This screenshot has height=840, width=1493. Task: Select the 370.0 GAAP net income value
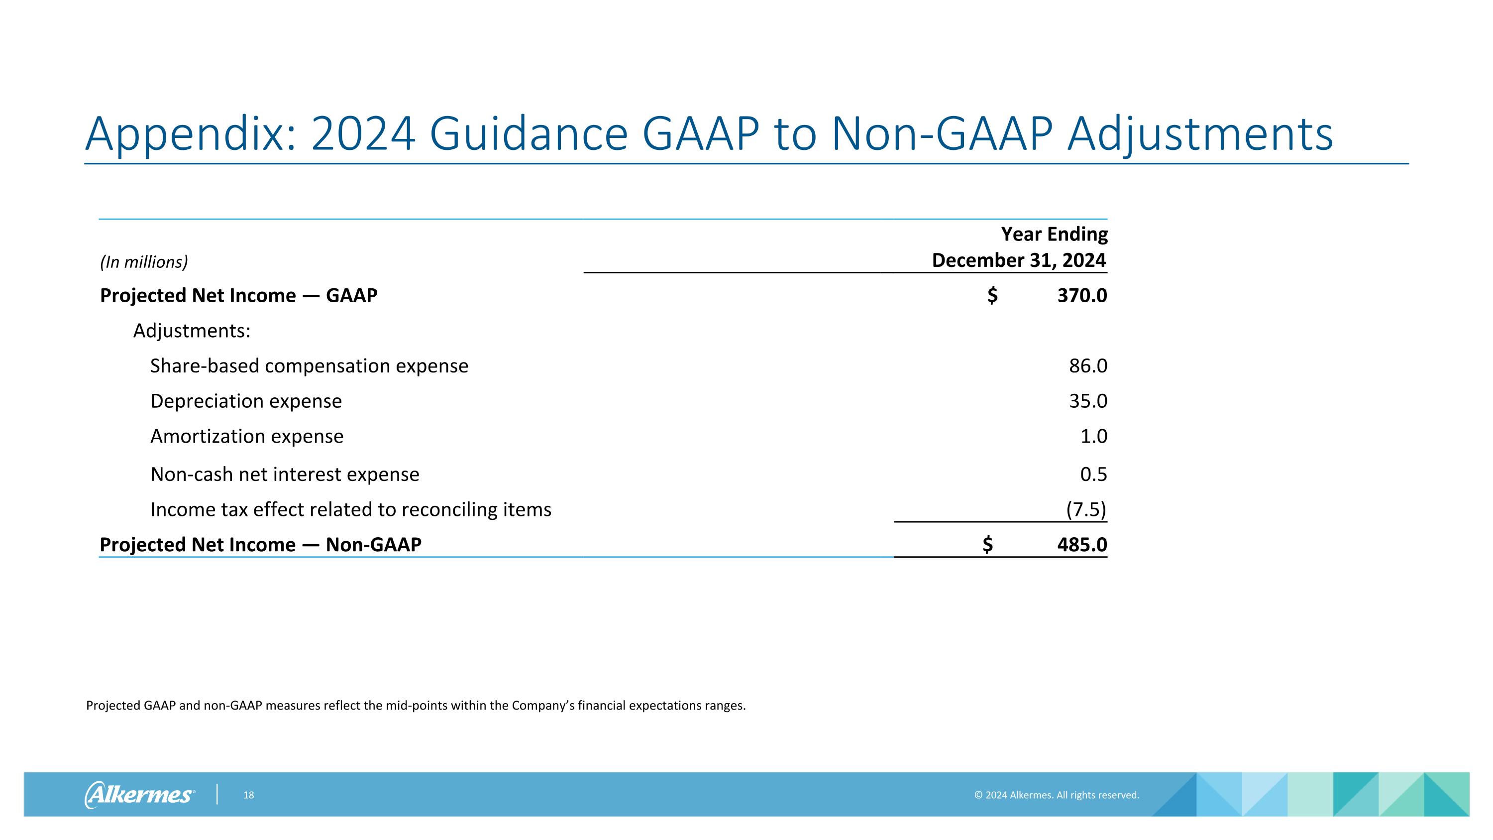tap(1081, 296)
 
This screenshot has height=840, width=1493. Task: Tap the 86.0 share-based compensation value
tap(1088, 366)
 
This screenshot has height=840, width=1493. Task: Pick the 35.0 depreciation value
tap(1088, 401)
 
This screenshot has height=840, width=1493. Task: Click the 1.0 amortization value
tap(1094, 436)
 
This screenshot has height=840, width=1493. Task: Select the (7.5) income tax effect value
tap(1086, 509)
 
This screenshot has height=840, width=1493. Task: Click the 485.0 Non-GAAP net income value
tap(1081, 545)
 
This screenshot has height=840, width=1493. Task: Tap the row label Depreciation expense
tap(246, 401)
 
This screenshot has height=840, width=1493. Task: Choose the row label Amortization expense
tap(247, 436)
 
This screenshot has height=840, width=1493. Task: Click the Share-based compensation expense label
tap(309, 366)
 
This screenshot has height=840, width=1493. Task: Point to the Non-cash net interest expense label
tap(285, 474)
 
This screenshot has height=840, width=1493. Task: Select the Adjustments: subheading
tap(192, 331)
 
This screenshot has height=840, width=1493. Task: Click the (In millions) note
tap(144, 262)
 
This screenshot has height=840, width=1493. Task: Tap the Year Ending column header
tap(1054, 234)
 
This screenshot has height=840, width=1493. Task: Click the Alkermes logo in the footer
tap(139, 794)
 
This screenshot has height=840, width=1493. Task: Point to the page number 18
tap(249, 795)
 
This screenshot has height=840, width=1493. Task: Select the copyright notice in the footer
tap(1056, 795)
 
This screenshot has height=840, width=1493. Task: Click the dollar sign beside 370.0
tap(992, 296)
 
